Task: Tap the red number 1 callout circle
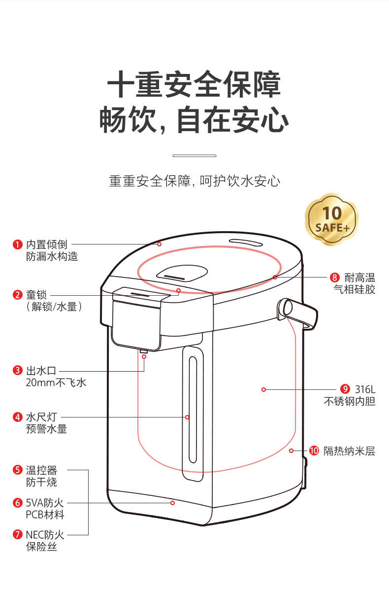(x=18, y=244)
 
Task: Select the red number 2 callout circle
(x=18, y=295)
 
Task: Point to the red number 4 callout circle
(x=18, y=417)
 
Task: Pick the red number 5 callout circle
(x=18, y=470)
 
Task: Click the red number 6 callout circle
(x=18, y=503)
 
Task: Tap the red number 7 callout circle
(x=18, y=535)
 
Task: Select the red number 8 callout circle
(x=335, y=277)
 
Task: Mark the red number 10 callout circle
(x=314, y=451)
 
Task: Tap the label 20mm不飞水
(x=56, y=382)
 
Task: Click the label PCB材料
(x=45, y=515)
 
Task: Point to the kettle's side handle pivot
(x=286, y=307)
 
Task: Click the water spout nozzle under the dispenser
(x=144, y=351)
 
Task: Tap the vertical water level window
(x=193, y=413)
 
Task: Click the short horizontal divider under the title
(x=194, y=155)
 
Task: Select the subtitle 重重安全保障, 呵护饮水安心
(x=194, y=181)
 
